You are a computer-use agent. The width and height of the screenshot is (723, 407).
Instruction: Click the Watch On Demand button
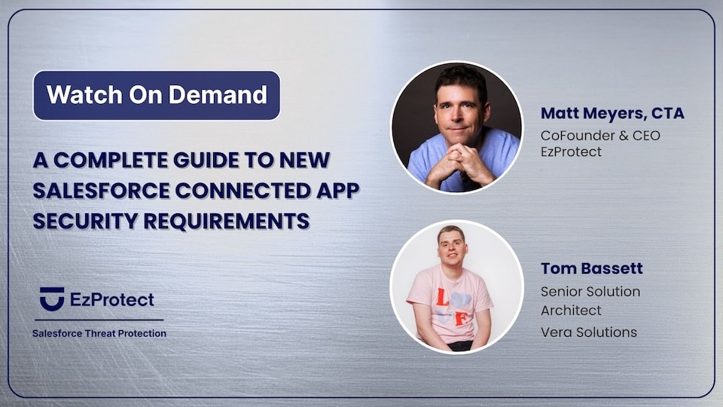157,95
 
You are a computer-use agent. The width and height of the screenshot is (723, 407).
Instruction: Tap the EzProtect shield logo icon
52,298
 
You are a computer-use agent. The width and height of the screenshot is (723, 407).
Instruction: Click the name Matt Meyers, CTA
612,114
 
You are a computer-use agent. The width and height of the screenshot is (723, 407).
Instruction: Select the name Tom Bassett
591,268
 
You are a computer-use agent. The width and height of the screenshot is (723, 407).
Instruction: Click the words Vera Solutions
589,332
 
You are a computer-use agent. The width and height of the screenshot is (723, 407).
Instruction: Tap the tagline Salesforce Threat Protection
99,333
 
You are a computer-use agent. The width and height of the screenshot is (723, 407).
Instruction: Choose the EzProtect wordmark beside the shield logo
111,299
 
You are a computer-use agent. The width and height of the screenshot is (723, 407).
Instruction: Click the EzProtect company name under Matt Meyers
570,153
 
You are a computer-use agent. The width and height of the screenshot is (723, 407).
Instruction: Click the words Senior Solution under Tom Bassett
590,291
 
